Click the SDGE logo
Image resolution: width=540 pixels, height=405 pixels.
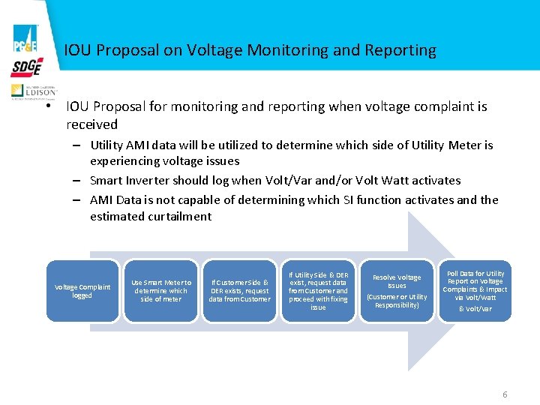[x=26, y=67]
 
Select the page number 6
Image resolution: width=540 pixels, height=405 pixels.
[x=505, y=394]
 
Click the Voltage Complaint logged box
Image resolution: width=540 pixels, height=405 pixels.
[x=82, y=291]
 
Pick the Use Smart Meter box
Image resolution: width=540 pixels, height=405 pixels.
[x=161, y=291]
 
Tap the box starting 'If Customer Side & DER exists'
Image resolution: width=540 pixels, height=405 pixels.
[x=239, y=291]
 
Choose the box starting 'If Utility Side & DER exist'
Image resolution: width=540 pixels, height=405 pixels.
[x=318, y=291]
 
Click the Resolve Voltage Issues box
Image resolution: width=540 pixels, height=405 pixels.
[x=397, y=291]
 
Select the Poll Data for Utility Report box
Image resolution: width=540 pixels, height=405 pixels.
[x=475, y=291]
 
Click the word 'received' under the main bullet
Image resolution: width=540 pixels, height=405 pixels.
[x=92, y=124]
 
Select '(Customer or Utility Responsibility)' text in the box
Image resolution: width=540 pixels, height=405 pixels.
[x=397, y=301]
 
